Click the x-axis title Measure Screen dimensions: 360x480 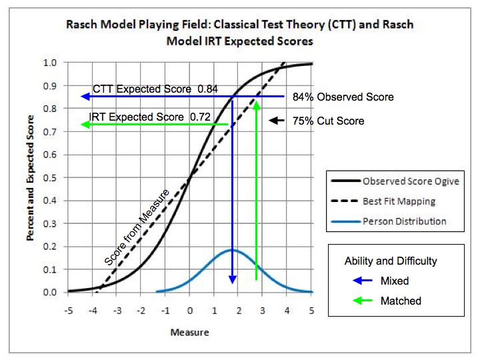coord(189,332)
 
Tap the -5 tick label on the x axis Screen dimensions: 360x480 coord(67,311)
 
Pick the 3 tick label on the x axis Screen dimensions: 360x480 coord(263,311)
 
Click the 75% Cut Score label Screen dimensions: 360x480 coord(328,121)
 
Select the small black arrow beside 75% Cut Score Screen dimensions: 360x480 coord(274,121)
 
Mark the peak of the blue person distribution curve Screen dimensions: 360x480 coord(232,250)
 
